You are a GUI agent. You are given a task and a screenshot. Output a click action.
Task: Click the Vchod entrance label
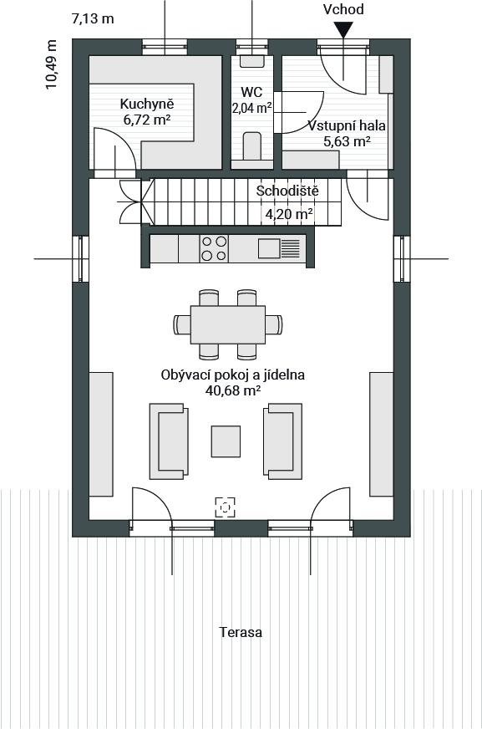[343, 9]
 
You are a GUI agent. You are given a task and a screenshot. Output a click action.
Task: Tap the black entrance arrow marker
[343, 32]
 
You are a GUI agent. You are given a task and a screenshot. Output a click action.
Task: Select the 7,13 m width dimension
[93, 18]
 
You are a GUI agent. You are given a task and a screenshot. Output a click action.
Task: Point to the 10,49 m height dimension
[51, 64]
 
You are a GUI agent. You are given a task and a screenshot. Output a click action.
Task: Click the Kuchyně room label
[147, 104]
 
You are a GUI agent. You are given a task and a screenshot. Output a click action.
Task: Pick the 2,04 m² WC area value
[251, 109]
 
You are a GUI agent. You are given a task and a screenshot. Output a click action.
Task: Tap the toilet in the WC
[251, 145]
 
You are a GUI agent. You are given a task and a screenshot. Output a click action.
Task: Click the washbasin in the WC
[251, 61]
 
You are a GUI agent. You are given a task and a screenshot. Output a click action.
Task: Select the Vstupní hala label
[347, 125]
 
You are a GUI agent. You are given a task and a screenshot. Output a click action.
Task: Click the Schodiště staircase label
[287, 191]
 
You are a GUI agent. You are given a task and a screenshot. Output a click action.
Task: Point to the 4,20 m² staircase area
[288, 214]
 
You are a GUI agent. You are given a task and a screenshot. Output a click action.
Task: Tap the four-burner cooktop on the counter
[214, 248]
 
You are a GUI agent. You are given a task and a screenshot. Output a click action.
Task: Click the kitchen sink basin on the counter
[269, 248]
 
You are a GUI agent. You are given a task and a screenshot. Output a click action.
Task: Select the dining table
[227, 324]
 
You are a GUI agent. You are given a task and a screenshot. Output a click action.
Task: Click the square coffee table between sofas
[226, 441]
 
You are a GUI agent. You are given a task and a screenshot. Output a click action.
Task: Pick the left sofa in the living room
[169, 441]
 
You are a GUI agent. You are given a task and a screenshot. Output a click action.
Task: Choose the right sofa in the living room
[283, 441]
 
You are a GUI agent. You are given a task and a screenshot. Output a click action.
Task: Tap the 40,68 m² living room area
[232, 390]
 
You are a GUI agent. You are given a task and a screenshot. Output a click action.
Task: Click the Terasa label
[241, 632]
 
